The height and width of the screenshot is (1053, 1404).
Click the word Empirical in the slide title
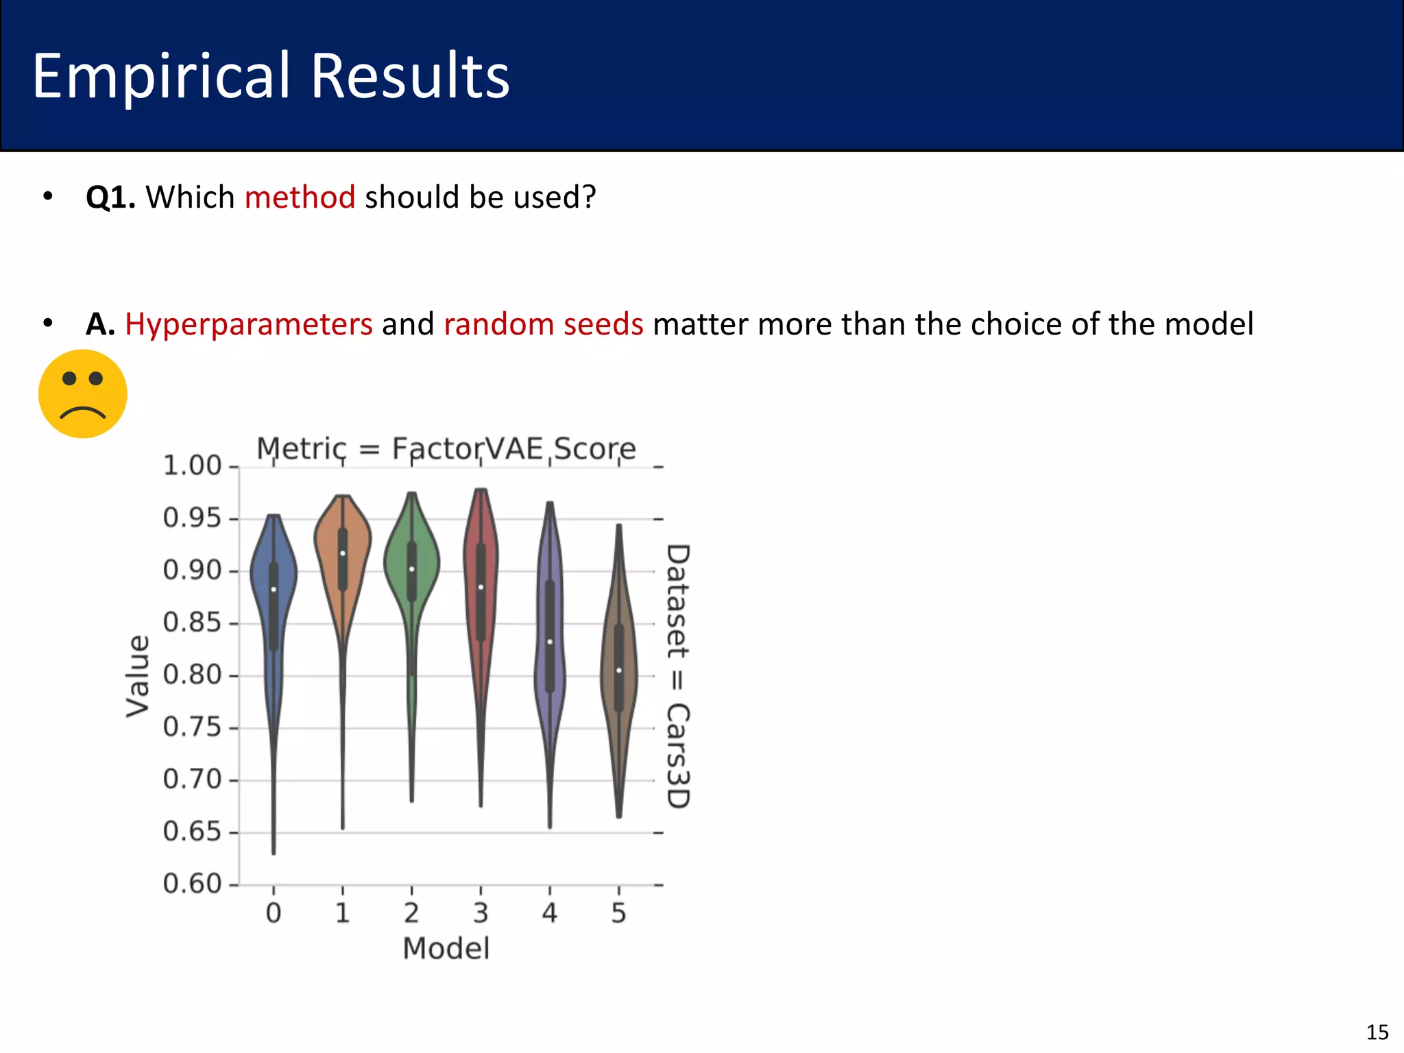(x=161, y=77)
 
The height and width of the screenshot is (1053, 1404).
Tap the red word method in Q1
(x=300, y=197)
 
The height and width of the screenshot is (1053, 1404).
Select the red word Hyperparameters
(x=248, y=324)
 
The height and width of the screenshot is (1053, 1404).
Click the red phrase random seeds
(x=544, y=324)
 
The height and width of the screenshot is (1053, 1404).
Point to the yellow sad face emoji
(x=83, y=394)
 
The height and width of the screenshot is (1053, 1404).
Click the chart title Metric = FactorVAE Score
(x=446, y=449)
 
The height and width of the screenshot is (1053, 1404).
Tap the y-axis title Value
(x=138, y=676)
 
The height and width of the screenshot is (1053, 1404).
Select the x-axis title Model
(x=446, y=949)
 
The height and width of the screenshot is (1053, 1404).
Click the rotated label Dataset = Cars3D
(x=677, y=676)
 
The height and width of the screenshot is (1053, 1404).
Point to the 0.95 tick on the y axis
(x=193, y=518)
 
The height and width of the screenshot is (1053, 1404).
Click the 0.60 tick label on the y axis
(x=193, y=884)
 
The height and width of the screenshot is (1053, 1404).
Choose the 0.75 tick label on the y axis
(x=193, y=727)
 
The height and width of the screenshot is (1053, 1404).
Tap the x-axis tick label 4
(x=550, y=913)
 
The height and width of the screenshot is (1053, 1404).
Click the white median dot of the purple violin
(x=550, y=642)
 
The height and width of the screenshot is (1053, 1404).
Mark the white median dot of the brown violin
(x=619, y=670)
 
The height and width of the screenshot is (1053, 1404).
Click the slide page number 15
(x=1377, y=1032)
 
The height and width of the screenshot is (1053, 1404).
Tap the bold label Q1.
(x=110, y=197)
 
